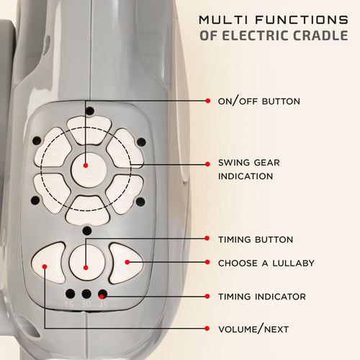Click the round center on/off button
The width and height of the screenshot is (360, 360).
(89, 170)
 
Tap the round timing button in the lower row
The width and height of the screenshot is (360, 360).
(87, 262)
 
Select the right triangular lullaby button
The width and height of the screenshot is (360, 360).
(125, 264)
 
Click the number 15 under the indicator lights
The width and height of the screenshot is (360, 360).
(69, 305)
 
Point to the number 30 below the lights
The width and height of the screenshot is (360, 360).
(86, 304)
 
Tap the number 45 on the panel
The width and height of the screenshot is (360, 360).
(103, 305)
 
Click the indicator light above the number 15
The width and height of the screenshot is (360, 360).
(71, 294)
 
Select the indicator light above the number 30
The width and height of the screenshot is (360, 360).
(86, 294)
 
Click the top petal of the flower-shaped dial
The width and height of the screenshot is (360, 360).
(89, 130)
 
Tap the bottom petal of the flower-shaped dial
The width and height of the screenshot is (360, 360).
(88, 211)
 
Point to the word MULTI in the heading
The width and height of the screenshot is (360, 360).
(223, 20)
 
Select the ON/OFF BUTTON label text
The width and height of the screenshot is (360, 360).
(259, 101)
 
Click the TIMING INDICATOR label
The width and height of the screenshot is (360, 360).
(262, 297)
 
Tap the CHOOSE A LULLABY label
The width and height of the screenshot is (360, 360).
(266, 264)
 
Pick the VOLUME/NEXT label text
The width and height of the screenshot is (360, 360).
(253, 329)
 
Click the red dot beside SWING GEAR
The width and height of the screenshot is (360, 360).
(207, 164)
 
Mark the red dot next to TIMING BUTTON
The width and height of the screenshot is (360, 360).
(207, 238)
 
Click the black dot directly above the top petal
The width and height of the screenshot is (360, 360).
(90, 111)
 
